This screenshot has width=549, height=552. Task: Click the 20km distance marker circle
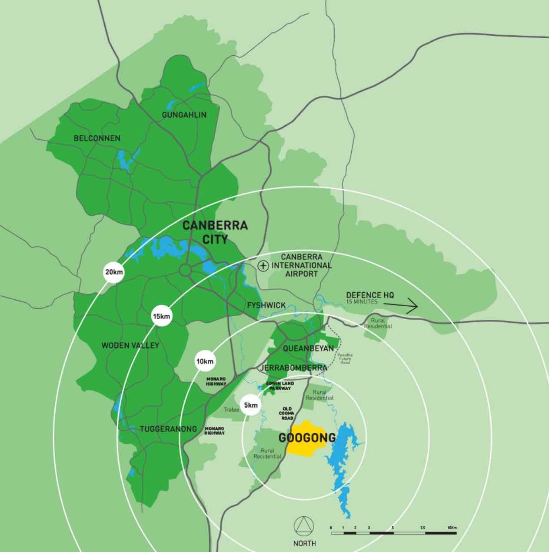click(114, 273)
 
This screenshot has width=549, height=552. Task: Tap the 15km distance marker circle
click(161, 316)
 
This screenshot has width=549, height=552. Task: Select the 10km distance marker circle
click(205, 361)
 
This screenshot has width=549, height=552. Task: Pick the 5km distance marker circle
click(251, 405)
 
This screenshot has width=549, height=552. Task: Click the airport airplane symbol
click(262, 265)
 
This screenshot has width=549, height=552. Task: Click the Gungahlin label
click(184, 115)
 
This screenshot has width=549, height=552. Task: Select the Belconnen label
click(97, 138)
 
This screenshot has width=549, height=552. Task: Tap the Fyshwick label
click(266, 305)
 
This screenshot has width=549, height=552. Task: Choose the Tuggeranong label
click(168, 429)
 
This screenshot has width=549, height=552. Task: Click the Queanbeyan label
click(308, 348)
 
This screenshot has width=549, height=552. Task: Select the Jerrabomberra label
click(293, 368)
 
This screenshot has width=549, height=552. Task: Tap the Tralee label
click(231, 410)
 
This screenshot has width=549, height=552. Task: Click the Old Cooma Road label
click(287, 414)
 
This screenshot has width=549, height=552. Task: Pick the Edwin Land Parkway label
click(280, 386)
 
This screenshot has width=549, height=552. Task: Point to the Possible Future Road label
click(345, 358)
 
